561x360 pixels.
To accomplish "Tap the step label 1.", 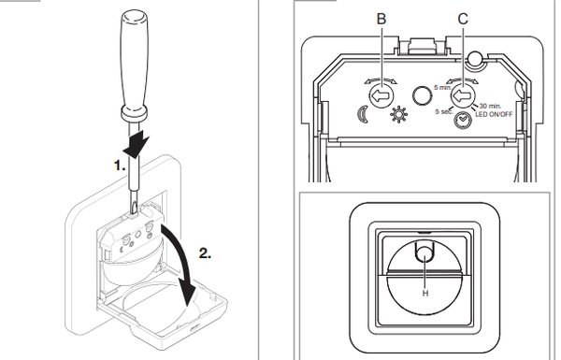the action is pos(120,166).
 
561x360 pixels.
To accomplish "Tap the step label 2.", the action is pos(205,253).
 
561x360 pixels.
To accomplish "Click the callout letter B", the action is pos(381,19).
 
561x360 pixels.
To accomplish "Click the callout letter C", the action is pos(463,19).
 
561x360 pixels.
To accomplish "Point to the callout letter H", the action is pos(425,294).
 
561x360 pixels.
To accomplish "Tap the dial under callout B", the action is pos(381,95).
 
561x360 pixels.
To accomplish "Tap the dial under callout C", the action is pos(463,95).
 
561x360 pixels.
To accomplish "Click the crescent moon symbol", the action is pos(363,114).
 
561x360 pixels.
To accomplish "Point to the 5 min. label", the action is pos(442,87).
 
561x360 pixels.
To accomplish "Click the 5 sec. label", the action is pos(443,111).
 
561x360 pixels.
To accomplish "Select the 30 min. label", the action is pos(491,106).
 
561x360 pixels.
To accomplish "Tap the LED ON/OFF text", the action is pos(494,114).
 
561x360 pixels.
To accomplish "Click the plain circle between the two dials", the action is pos(423,95).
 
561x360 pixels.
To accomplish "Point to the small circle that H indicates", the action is pos(424,253).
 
